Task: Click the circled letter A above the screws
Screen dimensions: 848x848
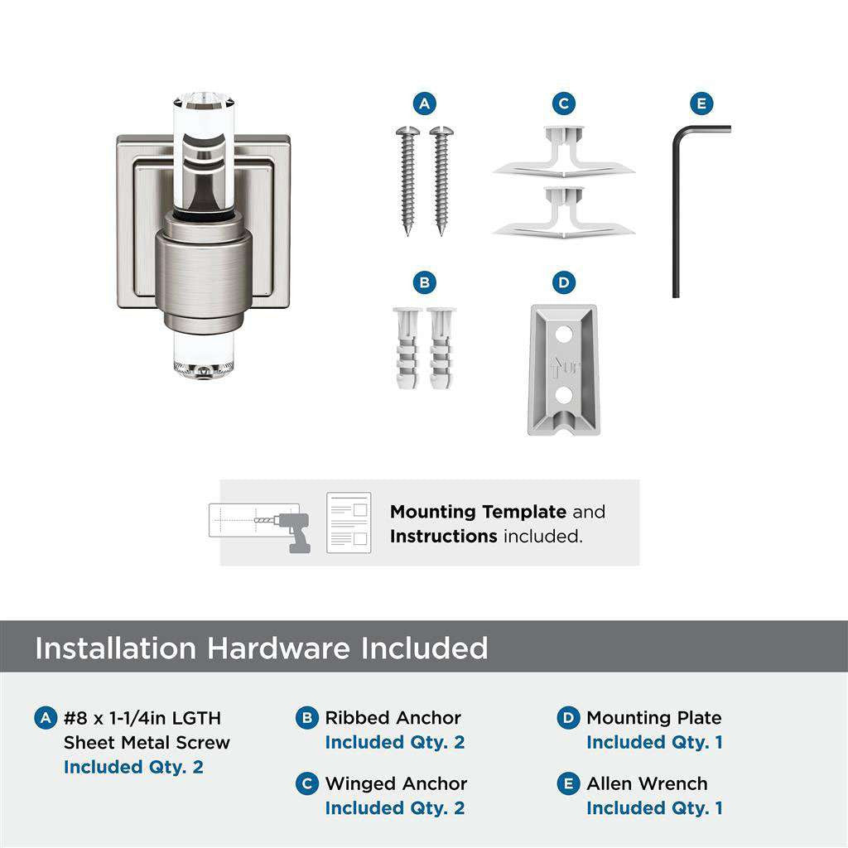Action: (424, 104)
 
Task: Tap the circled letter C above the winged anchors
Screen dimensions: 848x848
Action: (563, 104)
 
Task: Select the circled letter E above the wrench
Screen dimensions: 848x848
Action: (701, 104)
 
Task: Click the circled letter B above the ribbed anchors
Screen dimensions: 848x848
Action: (424, 282)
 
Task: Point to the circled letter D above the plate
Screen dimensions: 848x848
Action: (563, 282)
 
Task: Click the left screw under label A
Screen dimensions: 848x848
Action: (407, 178)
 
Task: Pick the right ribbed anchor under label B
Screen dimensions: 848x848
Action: (441, 348)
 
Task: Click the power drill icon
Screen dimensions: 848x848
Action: (290, 530)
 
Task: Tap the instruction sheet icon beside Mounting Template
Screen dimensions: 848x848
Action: (348, 523)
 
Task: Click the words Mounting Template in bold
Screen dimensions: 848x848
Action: (478, 512)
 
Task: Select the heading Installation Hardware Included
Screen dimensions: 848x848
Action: (261, 648)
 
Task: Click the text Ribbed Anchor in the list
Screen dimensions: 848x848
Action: (393, 718)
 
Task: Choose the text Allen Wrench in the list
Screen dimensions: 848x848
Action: (647, 783)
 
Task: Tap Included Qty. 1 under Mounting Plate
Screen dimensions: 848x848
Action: (654, 743)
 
